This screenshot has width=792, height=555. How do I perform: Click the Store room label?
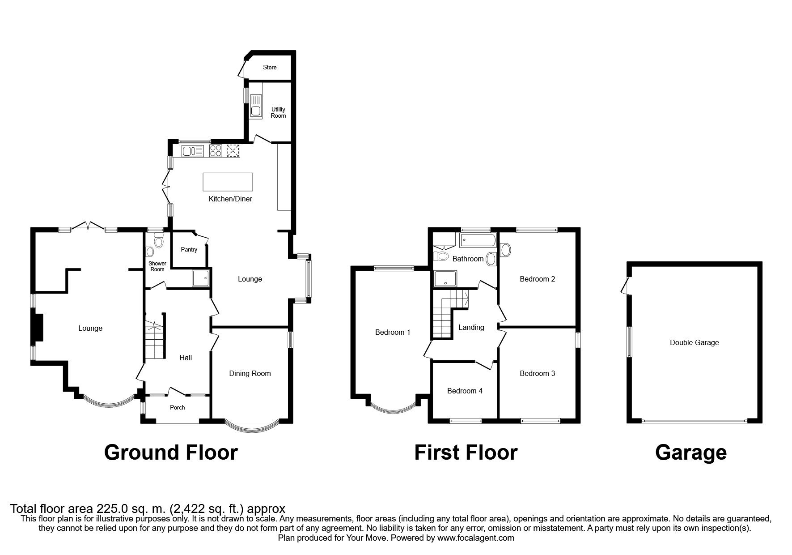pyautogui.click(x=270, y=68)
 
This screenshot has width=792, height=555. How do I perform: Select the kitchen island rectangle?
pyautogui.click(x=228, y=182)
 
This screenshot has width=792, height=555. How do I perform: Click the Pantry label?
pyautogui.click(x=189, y=250)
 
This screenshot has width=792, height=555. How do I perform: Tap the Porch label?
pyautogui.click(x=178, y=408)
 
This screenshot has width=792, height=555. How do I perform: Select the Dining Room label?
pyautogui.click(x=250, y=374)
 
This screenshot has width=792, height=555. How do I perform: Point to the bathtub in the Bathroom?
pyautogui.click(x=478, y=240)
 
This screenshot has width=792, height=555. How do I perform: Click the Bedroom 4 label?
pyautogui.click(x=465, y=391)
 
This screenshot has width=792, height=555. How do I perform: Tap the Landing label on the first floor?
pyautogui.click(x=471, y=328)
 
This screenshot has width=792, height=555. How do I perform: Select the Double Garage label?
pyautogui.click(x=694, y=343)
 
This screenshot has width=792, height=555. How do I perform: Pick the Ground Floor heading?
pyautogui.click(x=171, y=453)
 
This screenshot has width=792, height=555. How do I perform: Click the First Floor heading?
pyautogui.click(x=466, y=453)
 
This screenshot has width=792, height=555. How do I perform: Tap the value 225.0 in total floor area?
pyautogui.click(x=112, y=509)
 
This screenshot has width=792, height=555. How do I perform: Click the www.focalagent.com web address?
pyautogui.click(x=475, y=538)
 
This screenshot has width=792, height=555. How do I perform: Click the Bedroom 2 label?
pyautogui.click(x=537, y=279)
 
